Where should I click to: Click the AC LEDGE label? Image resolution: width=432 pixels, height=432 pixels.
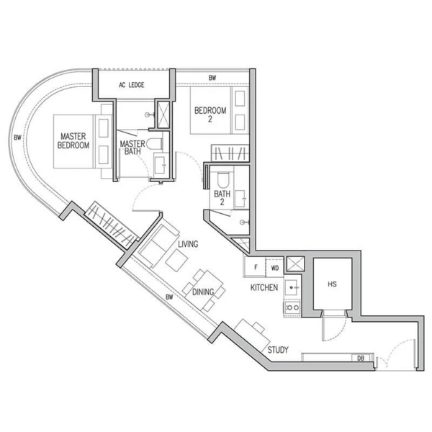coord(132,85)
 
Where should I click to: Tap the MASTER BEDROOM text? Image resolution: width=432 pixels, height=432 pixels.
coord(73,141)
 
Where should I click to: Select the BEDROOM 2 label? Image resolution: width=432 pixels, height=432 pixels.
coord(210,114)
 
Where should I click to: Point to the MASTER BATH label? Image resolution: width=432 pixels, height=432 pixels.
coord(132,148)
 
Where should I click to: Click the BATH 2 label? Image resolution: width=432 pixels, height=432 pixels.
coord(222,198)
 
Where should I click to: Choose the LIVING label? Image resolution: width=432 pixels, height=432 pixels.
coord(188,244)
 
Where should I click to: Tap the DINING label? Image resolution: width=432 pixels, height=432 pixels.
coord(203,292)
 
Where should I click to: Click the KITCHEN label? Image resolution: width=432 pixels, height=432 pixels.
coord(264,287)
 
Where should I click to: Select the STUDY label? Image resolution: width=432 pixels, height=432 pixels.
coord(278,350)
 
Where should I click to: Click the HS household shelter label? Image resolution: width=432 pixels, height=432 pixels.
coord(332,284)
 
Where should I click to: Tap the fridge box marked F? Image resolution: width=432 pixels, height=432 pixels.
coord(255,267)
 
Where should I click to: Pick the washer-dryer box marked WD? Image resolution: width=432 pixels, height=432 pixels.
coord(275,267)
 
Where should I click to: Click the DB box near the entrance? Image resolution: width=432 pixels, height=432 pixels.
coord(361,358)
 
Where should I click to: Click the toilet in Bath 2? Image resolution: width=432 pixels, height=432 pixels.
coord(223,179)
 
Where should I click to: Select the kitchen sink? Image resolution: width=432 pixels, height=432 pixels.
coord(292,287)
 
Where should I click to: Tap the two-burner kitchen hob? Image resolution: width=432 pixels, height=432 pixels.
coord(292,307)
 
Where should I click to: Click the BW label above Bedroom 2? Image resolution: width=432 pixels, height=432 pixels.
coord(212,78)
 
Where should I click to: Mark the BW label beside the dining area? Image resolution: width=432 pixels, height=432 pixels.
coord(169,297)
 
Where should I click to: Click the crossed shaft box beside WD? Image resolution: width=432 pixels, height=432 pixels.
coord(295,264)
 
